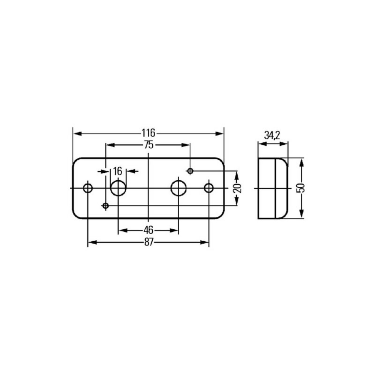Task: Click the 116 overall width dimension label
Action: tap(148, 133)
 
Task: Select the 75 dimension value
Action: tap(149, 145)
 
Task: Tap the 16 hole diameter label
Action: tap(118, 171)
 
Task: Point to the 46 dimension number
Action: tap(148, 230)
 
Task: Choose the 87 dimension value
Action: tap(149, 242)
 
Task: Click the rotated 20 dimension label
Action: tap(238, 188)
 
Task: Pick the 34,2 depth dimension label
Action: tap(272, 135)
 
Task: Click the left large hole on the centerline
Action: tap(118, 188)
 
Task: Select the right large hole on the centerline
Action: tap(178, 188)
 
